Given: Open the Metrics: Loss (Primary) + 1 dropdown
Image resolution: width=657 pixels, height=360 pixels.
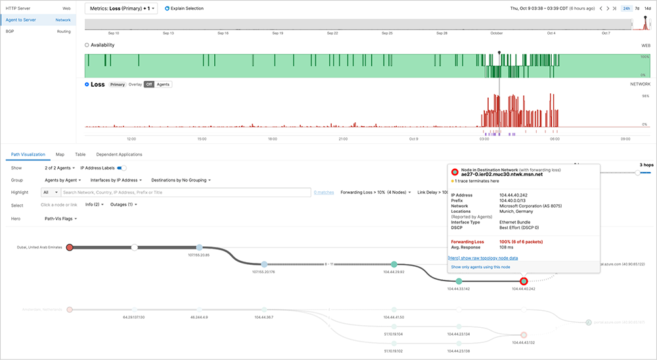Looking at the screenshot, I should click(121, 9).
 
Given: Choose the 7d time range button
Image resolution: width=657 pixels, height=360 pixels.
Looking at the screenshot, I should click(636, 9).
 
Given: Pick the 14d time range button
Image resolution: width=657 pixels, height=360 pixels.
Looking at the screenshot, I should click(648, 9).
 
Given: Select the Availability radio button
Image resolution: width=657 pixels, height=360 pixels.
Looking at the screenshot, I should click(87, 45).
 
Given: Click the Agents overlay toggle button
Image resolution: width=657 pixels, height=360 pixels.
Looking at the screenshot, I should click(163, 85).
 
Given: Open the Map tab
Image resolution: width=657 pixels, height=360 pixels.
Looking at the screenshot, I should click(60, 154).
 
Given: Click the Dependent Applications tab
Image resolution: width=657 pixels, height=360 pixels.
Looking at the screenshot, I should click(119, 154).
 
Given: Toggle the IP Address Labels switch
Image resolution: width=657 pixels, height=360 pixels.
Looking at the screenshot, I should click(122, 168).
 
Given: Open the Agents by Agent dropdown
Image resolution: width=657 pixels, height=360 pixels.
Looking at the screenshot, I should click(63, 180).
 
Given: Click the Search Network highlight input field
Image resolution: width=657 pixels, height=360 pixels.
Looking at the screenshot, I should click(184, 192).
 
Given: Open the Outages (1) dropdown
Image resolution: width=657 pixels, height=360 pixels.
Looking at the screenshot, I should click(123, 205).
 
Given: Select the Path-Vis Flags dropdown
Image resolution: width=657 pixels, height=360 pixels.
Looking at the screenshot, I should click(60, 218).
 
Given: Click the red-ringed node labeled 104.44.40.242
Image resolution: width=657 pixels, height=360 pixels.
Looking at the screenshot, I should click(524, 281).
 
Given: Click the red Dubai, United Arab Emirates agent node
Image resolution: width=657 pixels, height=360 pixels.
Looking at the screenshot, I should click(70, 247).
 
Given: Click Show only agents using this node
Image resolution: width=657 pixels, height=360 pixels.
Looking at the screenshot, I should click(480, 267).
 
